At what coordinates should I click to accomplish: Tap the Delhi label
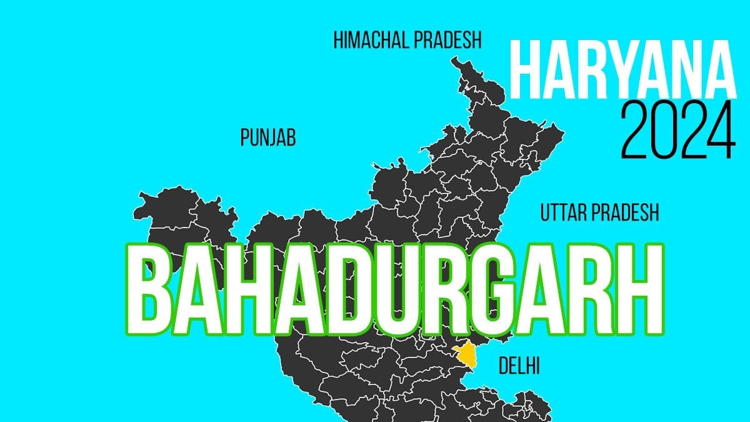[519, 366]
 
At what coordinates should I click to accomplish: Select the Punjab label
[267, 138]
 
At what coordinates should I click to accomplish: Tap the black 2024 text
[677, 131]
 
